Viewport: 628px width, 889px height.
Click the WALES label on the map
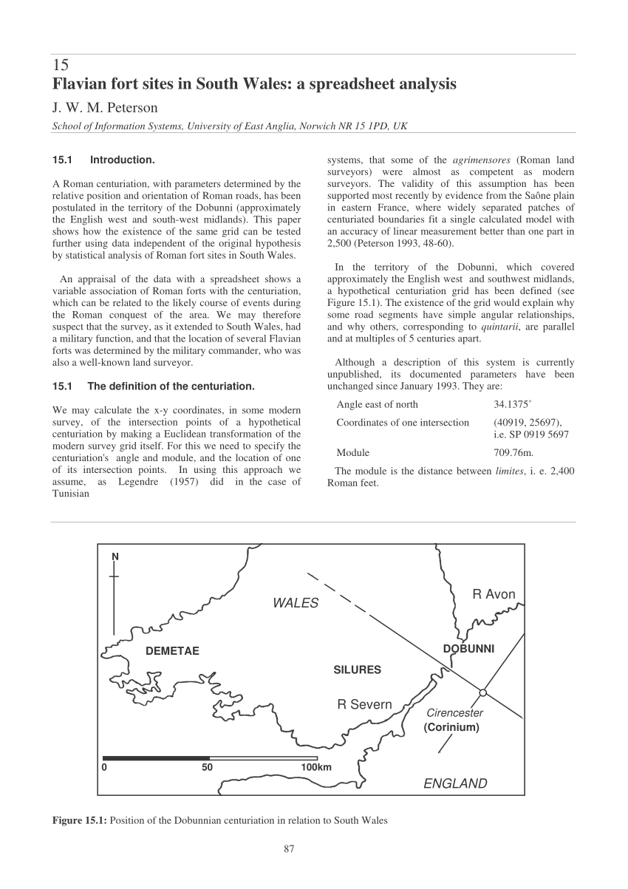pos(296,603)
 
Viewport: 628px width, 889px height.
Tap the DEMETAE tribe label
pos(172,651)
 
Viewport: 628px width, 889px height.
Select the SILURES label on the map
pos(357,670)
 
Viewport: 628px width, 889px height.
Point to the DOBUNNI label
pos(468,649)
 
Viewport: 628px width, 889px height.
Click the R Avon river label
pos(494,594)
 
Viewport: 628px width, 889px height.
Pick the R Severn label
pos(364,704)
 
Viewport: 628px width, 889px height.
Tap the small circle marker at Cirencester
pos(482,692)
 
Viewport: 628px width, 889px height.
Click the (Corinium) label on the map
pos(451,727)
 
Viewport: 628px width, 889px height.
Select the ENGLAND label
pos(455,783)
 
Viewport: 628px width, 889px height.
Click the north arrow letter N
pos(115,556)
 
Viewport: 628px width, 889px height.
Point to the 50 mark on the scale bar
pos(208,767)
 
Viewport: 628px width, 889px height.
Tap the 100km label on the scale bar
pos(316,767)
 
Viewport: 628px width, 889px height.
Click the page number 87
pos(289,848)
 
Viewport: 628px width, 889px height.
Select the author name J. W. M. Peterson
pos(105,108)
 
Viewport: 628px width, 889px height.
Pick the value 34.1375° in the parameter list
pos(512,403)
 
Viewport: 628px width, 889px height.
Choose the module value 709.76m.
pos(513,452)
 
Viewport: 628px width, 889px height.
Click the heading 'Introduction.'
pos(122,159)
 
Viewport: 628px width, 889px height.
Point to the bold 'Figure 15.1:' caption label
pos(80,820)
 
